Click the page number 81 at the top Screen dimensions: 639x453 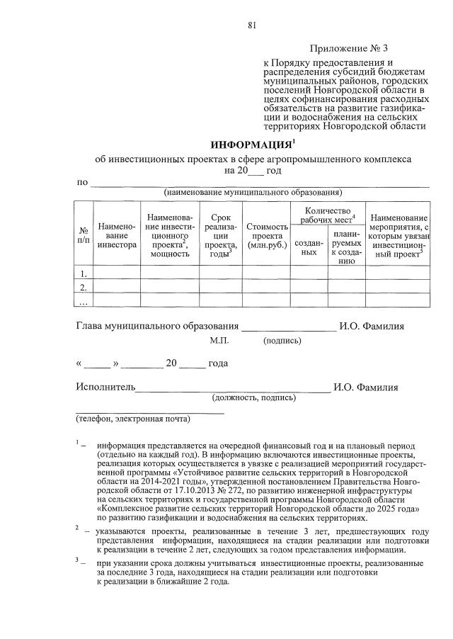tap(251, 26)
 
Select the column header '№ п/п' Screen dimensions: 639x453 tap(83, 234)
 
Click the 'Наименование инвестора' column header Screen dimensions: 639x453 tap(117, 234)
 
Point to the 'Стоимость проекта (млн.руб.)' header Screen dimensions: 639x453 tap(267, 235)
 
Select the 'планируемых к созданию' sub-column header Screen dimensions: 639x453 tap(346, 247)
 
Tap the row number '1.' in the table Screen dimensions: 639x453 tap(83, 273)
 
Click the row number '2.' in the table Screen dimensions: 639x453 tap(83, 287)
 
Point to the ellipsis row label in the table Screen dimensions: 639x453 tap(83, 301)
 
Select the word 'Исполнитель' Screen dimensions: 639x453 tap(105, 388)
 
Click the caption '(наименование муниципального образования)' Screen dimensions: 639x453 tap(253, 193)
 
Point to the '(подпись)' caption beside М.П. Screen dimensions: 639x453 tap(282, 341)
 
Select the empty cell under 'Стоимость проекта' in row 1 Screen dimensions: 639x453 tap(267, 273)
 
